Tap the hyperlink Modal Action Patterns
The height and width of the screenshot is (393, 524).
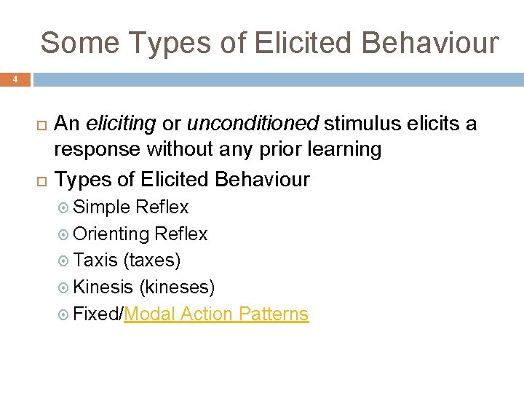(216, 314)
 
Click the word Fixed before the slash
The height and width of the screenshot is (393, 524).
(97, 314)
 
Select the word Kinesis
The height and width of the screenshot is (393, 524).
(103, 287)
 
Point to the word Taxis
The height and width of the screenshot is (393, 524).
(95, 261)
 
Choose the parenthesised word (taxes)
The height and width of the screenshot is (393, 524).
(152, 261)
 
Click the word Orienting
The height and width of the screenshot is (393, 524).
(111, 234)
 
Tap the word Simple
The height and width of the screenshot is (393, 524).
(102, 207)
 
